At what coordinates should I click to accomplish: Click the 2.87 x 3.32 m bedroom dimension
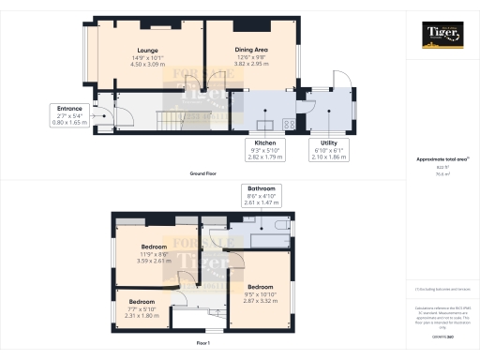point(260,300)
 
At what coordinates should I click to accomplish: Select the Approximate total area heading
point(442,159)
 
